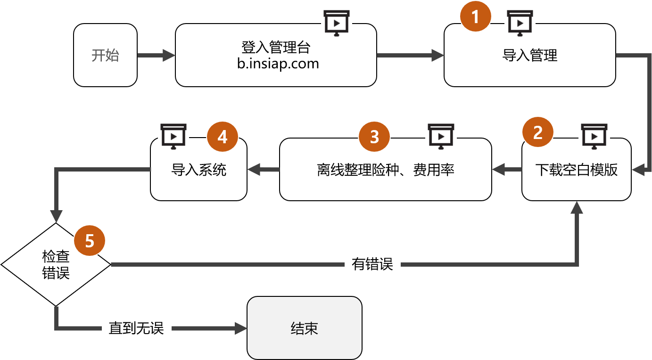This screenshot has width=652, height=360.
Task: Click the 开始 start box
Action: (x=105, y=55)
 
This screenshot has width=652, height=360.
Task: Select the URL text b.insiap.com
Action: (x=278, y=63)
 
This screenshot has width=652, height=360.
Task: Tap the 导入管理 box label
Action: (x=529, y=56)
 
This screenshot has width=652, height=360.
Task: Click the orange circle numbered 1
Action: (x=475, y=17)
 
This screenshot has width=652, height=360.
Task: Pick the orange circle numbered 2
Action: (x=537, y=133)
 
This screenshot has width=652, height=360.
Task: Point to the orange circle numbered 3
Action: (x=374, y=137)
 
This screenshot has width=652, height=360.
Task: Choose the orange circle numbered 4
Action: (x=222, y=137)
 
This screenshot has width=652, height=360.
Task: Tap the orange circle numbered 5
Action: (x=90, y=241)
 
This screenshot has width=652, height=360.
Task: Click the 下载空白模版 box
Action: (x=576, y=170)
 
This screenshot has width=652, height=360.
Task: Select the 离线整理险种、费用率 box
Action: (x=385, y=170)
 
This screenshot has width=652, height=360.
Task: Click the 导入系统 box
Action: (x=198, y=170)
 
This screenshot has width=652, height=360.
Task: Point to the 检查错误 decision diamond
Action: (x=56, y=265)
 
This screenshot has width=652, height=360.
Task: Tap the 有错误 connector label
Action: (x=372, y=264)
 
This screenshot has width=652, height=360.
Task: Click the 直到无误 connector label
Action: (x=136, y=328)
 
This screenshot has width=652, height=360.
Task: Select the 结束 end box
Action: (x=304, y=328)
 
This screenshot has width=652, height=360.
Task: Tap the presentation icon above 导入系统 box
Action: (x=173, y=136)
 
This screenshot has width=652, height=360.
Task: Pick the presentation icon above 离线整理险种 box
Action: (x=440, y=136)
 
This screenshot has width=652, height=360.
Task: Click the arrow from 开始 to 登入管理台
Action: (x=156, y=56)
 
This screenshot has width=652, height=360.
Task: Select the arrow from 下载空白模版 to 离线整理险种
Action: (x=507, y=169)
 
